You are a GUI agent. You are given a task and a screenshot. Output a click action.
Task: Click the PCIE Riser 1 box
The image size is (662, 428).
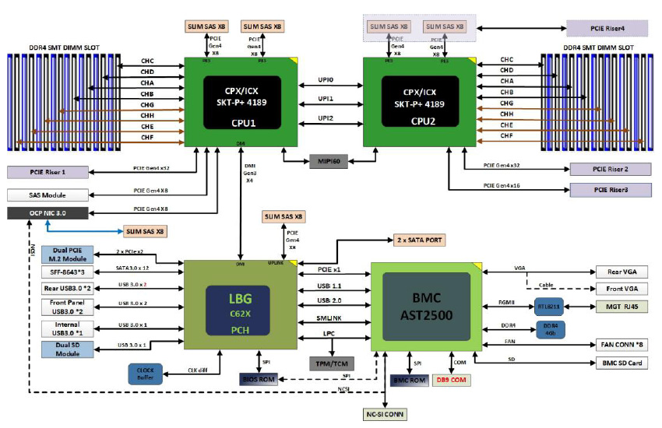click(x=47, y=172)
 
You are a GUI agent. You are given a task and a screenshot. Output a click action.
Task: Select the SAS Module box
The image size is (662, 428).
click(x=47, y=194)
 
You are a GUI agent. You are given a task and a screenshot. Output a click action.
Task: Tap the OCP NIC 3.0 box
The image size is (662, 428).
click(x=47, y=212)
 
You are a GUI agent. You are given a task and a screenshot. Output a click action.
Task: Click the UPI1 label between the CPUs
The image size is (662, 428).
click(x=326, y=99)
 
